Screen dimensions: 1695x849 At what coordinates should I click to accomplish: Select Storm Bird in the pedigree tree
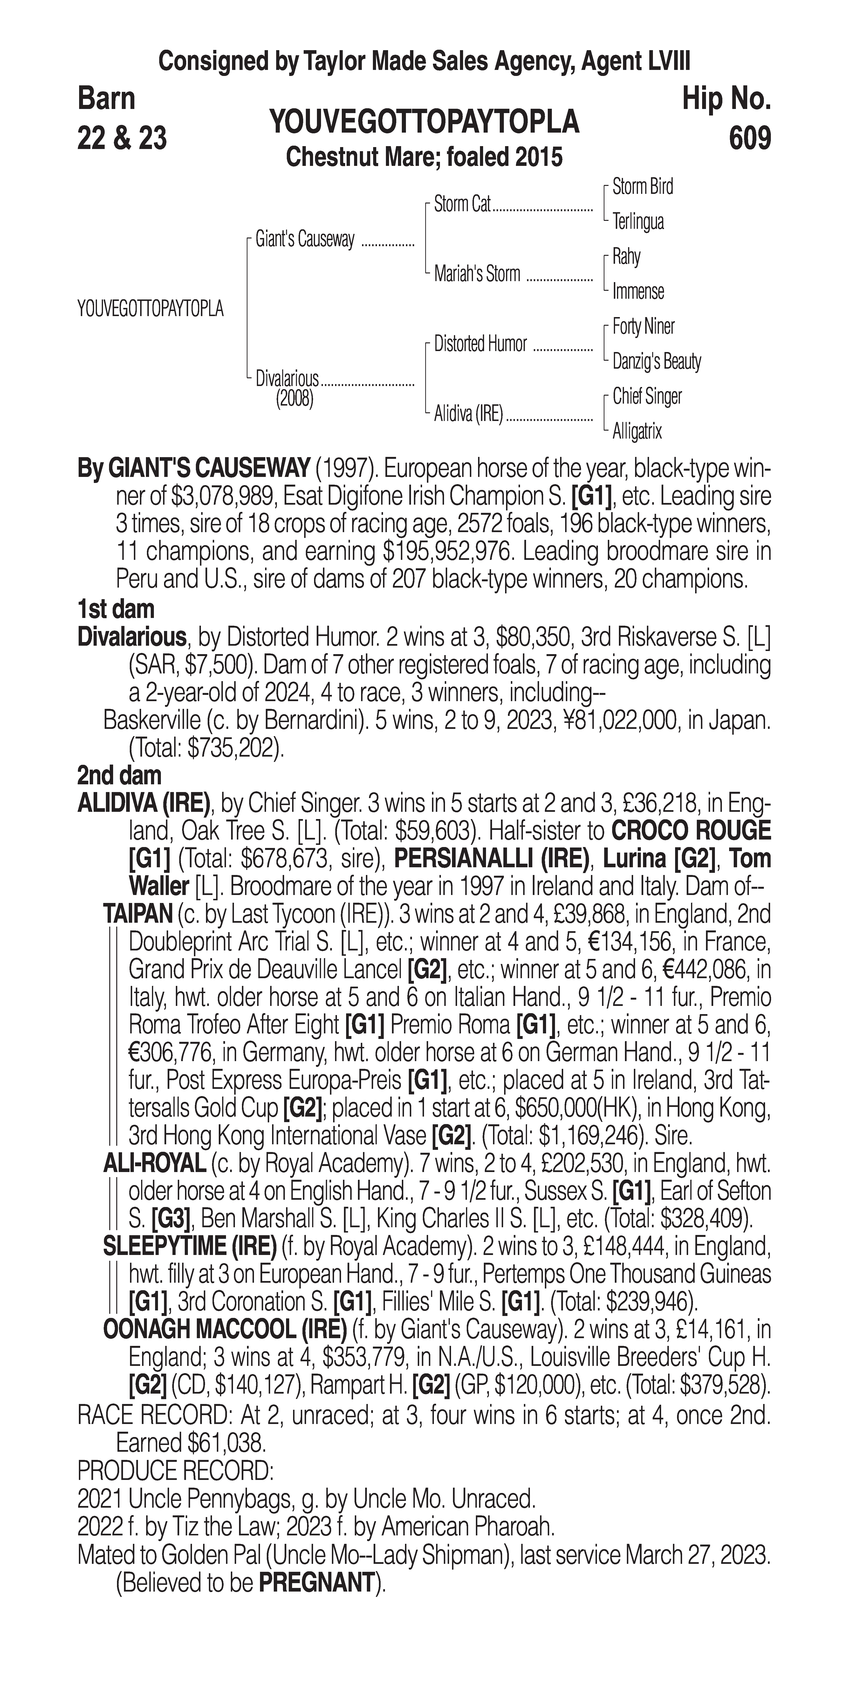click(642, 187)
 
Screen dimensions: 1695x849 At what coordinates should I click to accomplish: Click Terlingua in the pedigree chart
click(638, 222)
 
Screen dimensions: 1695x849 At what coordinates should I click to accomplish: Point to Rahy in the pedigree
click(626, 257)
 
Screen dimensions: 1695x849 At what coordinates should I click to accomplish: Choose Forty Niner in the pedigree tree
click(643, 326)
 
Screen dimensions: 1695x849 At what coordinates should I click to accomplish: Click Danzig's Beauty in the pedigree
click(656, 361)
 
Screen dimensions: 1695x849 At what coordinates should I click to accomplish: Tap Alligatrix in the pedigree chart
click(637, 432)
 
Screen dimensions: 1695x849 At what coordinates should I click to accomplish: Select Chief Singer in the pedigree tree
click(647, 396)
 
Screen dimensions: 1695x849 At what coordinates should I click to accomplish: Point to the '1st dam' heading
click(116, 609)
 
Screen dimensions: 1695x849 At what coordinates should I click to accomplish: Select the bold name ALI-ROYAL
click(154, 1164)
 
